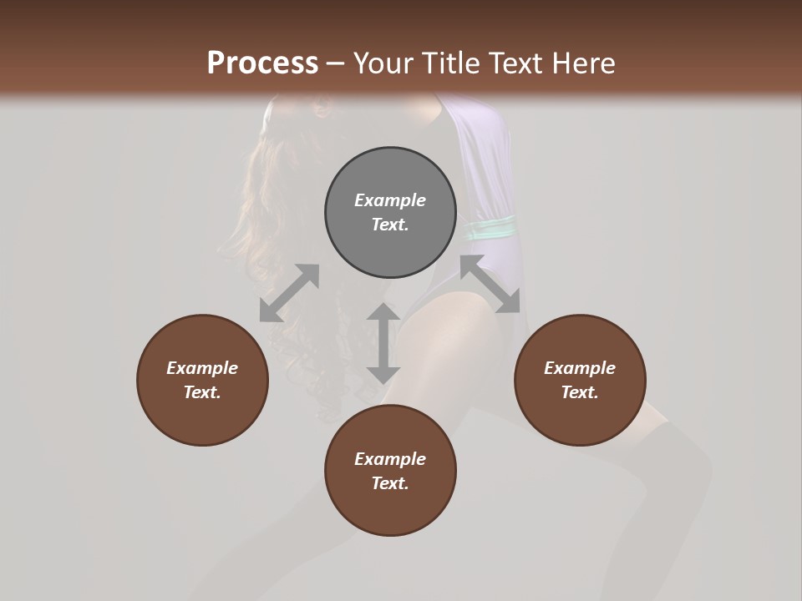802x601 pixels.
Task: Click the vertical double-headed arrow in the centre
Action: tap(383, 343)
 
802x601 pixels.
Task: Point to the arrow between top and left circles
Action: tap(289, 293)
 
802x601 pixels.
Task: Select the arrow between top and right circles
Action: tap(490, 284)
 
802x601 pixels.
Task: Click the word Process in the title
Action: tap(262, 63)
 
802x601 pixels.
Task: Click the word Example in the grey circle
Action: tap(390, 200)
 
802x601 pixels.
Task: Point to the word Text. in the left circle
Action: tap(202, 392)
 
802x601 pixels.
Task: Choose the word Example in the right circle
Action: tap(580, 368)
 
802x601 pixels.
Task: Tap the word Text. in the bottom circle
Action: tap(390, 483)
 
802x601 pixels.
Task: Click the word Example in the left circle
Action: tap(202, 368)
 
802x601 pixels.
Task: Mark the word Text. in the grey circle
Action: tap(390, 225)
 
